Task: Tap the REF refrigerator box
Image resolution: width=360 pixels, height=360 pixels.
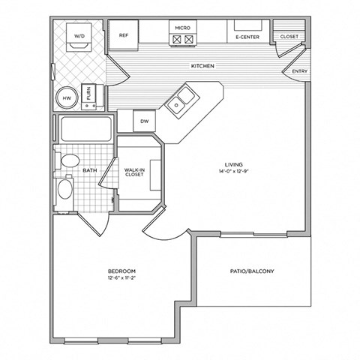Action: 123,35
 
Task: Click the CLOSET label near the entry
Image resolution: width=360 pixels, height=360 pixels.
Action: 289,36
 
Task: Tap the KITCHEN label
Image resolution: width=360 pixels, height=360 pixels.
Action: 202,67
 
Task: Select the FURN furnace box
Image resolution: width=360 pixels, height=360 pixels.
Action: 88,94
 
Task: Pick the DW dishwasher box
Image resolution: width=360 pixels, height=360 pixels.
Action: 145,120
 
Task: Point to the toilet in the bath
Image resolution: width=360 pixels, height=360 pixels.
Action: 69,160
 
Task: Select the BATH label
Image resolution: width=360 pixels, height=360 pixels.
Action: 89,171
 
